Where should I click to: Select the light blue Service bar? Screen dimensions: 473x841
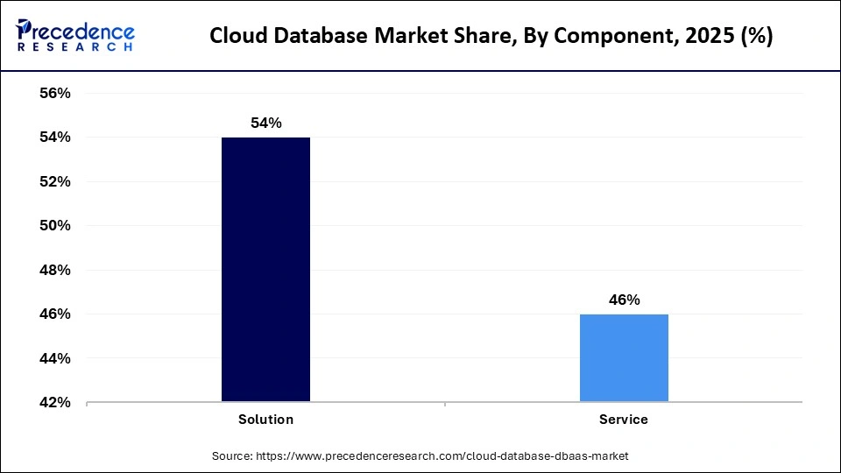point(624,358)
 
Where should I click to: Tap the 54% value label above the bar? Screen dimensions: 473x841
point(265,124)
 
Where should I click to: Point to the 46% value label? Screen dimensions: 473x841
point(624,300)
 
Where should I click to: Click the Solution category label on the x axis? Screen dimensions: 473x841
point(265,420)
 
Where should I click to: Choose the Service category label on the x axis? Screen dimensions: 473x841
point(624,420)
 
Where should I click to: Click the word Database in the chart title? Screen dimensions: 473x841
point(309,37)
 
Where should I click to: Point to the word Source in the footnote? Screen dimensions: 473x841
point(231,456)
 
